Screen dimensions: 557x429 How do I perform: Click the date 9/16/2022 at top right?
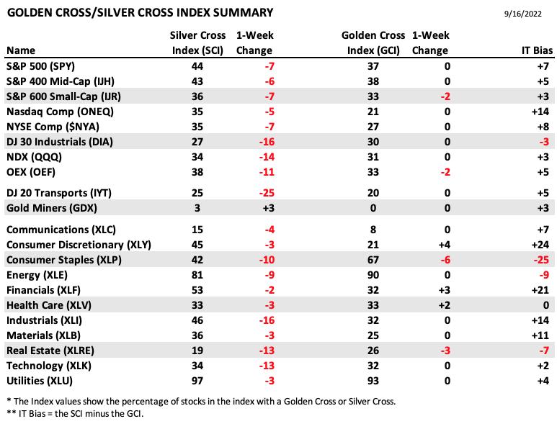point(523,14)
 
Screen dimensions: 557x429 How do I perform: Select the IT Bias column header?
point(537,50)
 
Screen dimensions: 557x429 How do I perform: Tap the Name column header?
point(21,50)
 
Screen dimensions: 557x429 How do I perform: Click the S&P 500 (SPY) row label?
point(40,66)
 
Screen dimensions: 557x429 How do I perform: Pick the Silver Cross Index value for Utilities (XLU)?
point(197,381)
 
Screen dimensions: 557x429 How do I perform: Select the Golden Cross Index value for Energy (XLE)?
point(373,275)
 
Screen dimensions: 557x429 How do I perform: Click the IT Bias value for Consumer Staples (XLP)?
point(541,260)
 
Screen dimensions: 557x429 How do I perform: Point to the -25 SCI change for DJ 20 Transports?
point(267,193)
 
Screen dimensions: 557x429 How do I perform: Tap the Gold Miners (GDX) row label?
point(51,208)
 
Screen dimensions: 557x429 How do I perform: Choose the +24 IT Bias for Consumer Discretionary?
point(540,245)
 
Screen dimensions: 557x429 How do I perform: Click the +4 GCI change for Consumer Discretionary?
point(445,245)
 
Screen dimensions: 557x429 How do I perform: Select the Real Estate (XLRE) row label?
point(50,351)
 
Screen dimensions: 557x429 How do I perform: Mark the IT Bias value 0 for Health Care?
point(546,305)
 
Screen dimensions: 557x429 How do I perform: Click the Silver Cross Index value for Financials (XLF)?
point(197,290)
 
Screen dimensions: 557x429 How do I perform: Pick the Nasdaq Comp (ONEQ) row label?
point(60,112)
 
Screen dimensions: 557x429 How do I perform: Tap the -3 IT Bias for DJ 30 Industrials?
point(544,142)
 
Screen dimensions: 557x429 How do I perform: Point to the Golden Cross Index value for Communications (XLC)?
point(373,230)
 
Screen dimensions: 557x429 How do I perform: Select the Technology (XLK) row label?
point(49,366)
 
